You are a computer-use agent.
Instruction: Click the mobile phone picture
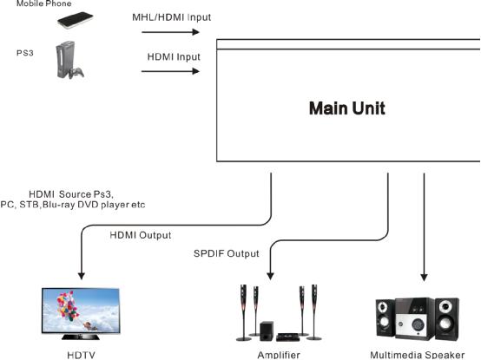(76, 20)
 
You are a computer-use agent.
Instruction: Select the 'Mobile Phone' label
(44, 3)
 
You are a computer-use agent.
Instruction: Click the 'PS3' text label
(25, 53)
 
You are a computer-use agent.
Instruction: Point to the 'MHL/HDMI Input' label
(172, 17)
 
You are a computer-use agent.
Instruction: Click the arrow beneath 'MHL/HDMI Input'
(170, 32)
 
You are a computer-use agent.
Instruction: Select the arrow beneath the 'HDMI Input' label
(170, 71)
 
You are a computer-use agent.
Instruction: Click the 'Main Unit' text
(347, 108)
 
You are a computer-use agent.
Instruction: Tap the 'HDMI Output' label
(141, 235)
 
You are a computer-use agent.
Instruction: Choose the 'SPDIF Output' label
(227, 253)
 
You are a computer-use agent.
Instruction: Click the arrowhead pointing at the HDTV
(82, 276)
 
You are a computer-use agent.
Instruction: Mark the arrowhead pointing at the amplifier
(270, 276)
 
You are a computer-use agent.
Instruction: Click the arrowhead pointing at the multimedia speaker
(424, 278)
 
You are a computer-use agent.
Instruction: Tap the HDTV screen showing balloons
(81, 310)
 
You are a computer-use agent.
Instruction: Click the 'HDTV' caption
(81, 356)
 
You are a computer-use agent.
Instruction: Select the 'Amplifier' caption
(279, 355)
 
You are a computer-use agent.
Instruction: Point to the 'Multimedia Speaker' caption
(418, 355)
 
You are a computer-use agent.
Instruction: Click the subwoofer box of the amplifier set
(267, 331)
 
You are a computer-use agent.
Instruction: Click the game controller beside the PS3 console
(76, 72)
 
